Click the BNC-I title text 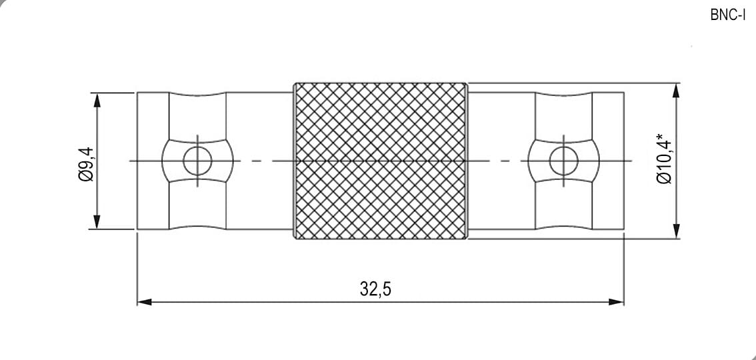727,15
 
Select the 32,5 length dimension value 375,289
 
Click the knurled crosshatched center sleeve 381,161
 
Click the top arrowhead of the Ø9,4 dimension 97,101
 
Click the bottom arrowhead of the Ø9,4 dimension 97,221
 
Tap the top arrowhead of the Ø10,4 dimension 676,91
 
